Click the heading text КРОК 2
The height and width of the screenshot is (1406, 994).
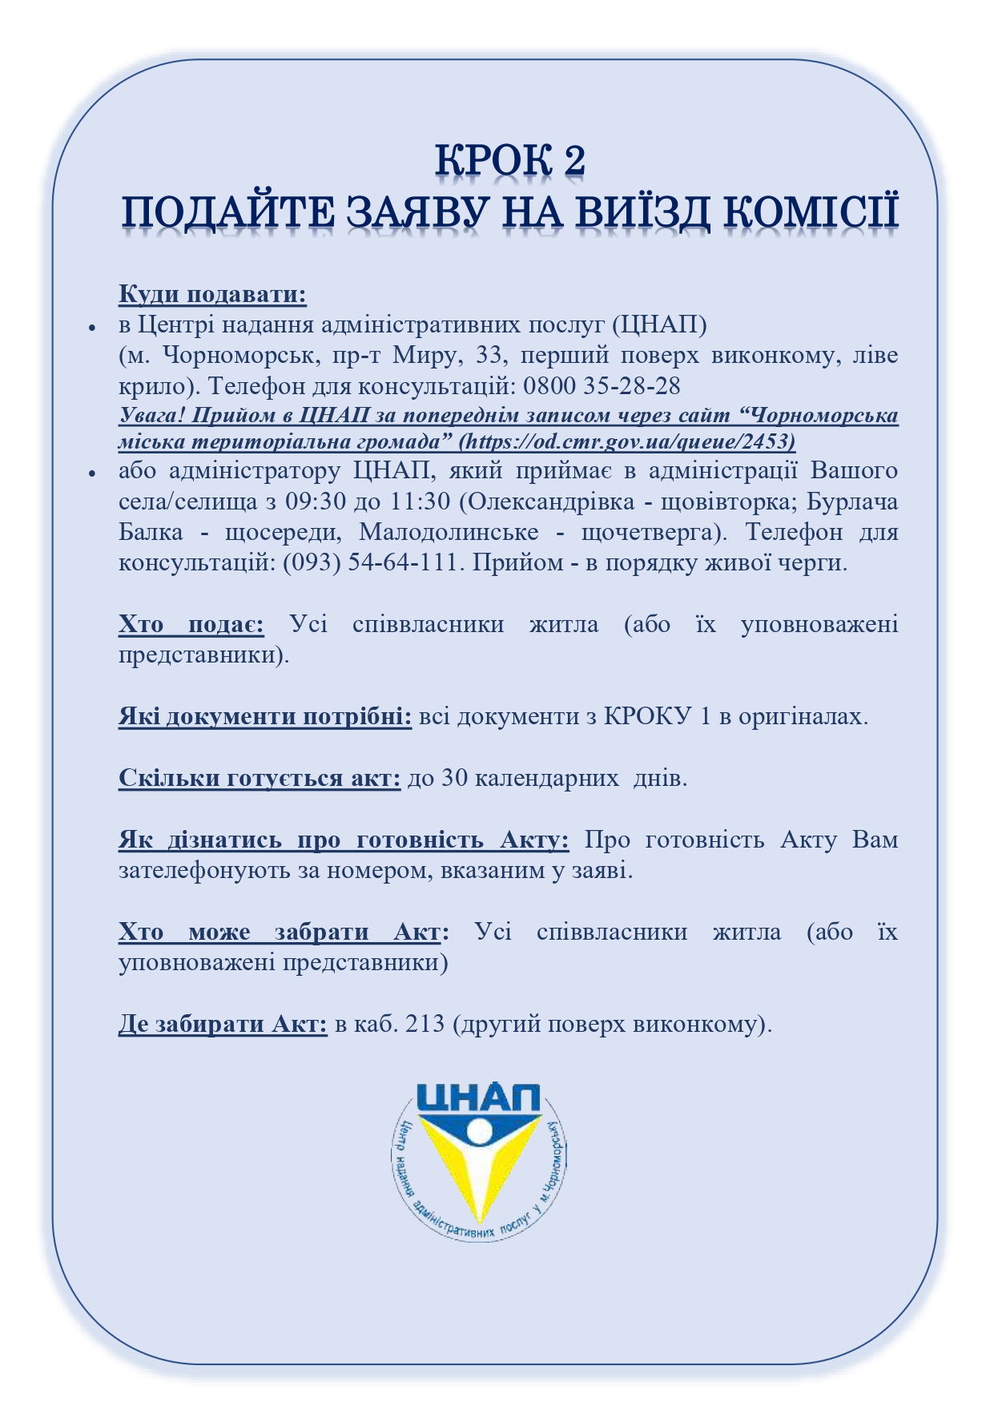510,159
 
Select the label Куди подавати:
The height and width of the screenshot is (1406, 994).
212,294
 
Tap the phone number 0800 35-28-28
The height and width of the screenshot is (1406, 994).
602,386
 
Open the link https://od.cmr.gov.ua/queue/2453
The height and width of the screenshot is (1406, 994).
630,441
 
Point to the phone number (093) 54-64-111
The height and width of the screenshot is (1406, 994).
372,562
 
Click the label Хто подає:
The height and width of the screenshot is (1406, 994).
191,624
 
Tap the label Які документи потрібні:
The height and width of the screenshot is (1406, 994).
265,716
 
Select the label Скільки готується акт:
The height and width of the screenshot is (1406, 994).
260,778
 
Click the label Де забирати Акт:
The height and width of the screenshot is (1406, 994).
223,1024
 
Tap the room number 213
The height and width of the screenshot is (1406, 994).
425,1024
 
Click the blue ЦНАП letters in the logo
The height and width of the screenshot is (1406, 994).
479,1098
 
